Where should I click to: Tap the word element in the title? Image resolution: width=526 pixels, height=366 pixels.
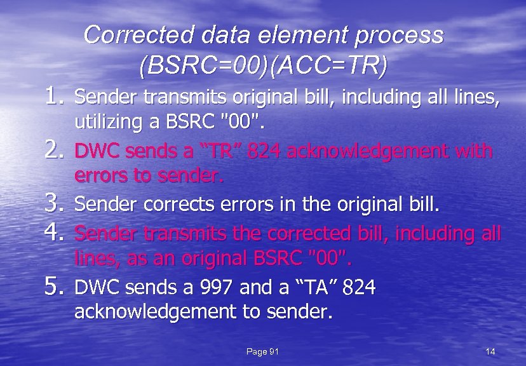tap(295, 36)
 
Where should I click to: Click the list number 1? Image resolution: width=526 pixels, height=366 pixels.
tap(53, 97)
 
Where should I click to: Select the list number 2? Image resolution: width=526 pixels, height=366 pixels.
tap(53, 151)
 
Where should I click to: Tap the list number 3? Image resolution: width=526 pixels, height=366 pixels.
tap(53, 205)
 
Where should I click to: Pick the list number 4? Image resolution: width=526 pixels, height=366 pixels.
tap(53, 233)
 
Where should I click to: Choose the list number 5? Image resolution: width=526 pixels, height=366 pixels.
tap(53, 288)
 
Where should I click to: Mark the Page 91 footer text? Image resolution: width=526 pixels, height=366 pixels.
tap(262, 352)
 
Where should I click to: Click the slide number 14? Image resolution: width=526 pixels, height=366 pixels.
tap(490, 352)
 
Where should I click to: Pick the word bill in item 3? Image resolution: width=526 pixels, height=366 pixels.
tap(421, 205)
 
